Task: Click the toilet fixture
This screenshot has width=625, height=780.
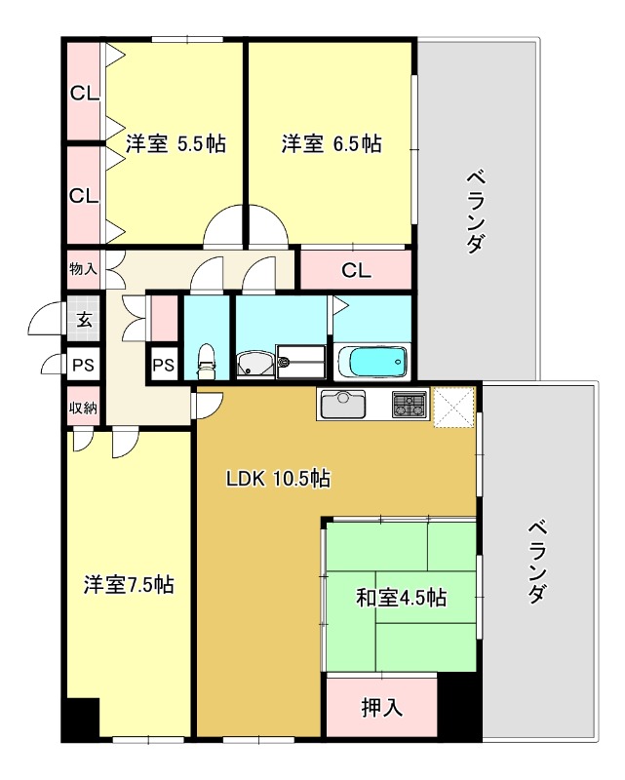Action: click(207, 362)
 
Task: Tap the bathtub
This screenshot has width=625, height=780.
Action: click(373, 362)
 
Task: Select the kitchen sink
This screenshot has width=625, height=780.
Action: click(343, 404)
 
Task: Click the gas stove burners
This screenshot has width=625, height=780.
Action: click(410, 404)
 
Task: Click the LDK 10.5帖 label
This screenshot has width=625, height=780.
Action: click(278, 479)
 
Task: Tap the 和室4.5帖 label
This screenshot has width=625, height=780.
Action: click(401, 597)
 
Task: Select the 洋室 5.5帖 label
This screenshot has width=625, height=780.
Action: click(176, 143)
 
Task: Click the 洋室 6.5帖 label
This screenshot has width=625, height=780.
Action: click(332, 143)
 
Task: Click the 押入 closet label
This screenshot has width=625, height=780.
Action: click(381, 707)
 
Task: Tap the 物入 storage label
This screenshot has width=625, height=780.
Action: click(83, 269)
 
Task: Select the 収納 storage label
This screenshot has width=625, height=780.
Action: click(83, 408)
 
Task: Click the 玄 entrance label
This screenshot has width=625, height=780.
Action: click(84, 320)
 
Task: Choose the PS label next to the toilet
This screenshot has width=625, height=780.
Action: click(163, 365)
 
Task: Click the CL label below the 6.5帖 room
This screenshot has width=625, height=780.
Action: click(356, 271)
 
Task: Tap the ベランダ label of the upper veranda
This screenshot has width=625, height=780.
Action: click(476, 212)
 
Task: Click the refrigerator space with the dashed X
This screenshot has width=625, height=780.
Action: click(453, 408)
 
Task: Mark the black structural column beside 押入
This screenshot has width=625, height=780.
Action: click(459, 705)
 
